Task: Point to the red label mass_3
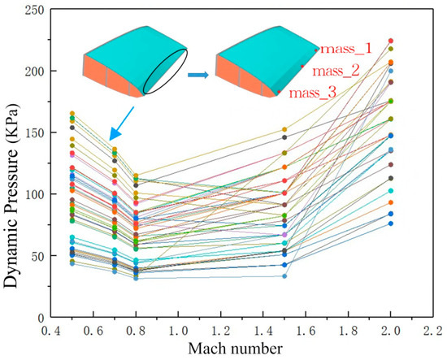point(313,93)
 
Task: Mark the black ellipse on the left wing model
point(167,69)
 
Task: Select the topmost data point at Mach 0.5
point(72,114)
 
